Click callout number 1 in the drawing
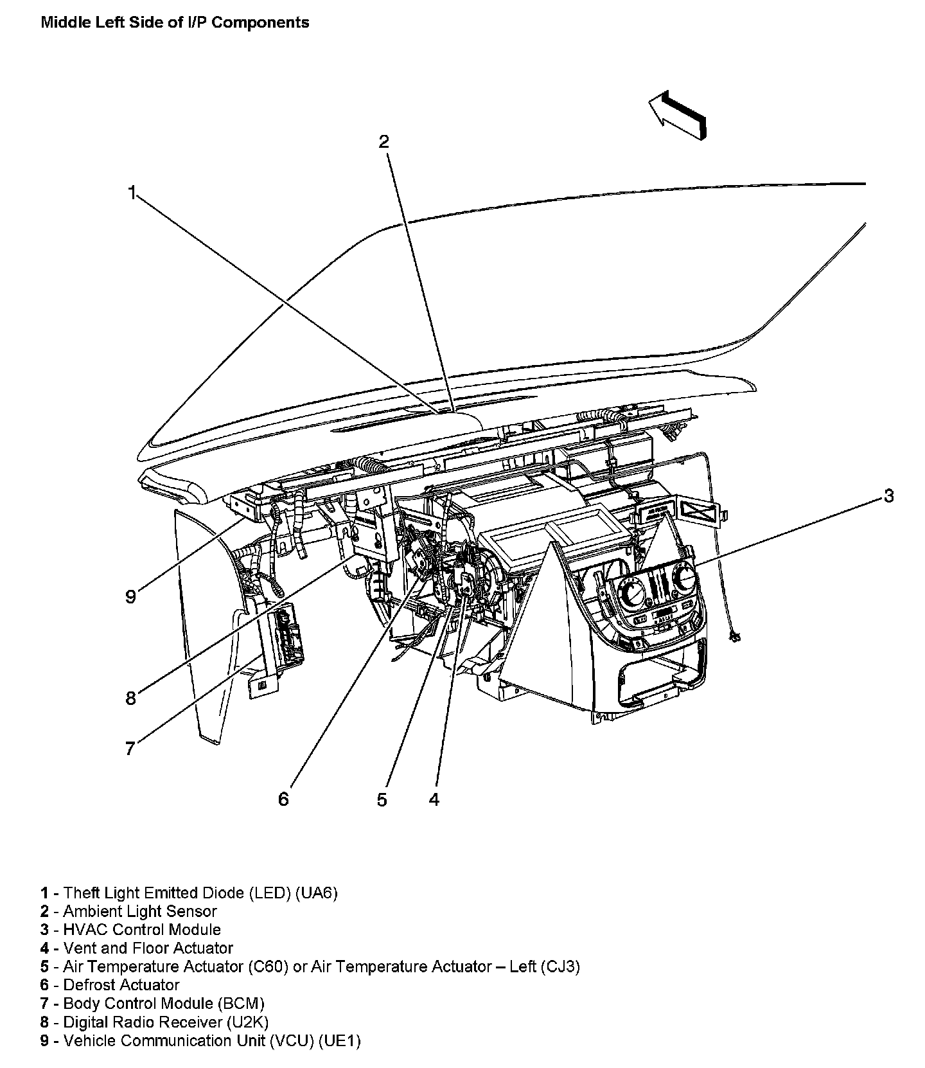pyautogui.click(x=132, y=192)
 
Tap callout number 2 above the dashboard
pyautogui.click(x=383, y=141)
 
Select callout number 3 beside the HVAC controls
pyautogui.click(x=888, y=495)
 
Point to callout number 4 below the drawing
pyautogui.click(x=434, y=799)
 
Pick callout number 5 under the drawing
pyautogui.click(x=382, y=800)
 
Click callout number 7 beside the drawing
pyautogui.click(x=130, y=749)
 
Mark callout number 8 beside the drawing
pyautogui.click(x=130, y=699)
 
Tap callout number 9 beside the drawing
pyautogui.click(x=130, y=597)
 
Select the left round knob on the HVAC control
pyautogui.click(x=630, y=589)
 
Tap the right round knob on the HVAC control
pyautogui.click(x=685, y=580)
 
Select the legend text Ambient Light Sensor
pyautogui.click(x=140, y=911)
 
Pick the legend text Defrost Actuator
pyautogui.click(x=121, y=984)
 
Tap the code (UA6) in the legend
pyautogui.click(x=316, y=893)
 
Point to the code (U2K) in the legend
pyautogui.click(x=247, y=1022)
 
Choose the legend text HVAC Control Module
pyautogui.click(x=142, y=929)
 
